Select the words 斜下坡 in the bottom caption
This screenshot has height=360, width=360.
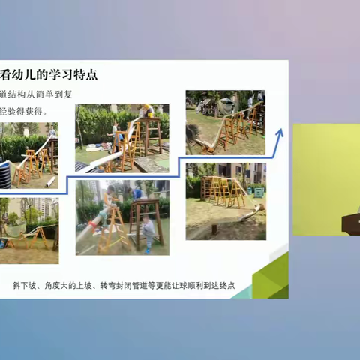pyautogui.click(x=25, y=286)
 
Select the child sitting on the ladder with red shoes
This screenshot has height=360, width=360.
pyautogui.click(x=109, y=201)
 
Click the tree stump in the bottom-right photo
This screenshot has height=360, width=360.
pyautogui.click(x=214, y=228)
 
